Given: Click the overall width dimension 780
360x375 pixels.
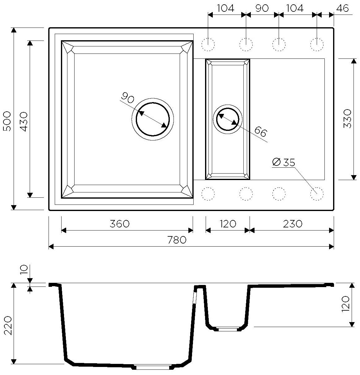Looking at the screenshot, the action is [x=177, y=240].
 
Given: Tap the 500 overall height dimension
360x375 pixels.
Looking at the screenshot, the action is [x=8, y=121].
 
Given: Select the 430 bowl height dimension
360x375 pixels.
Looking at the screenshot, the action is [x=24, y=122].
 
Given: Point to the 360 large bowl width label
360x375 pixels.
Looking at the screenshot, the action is [x=120, y=224].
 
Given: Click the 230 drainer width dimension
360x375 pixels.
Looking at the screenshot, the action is [x=293, y=224].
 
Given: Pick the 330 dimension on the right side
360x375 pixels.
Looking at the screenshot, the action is [x=348, y=119].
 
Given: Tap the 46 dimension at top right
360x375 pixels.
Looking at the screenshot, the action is [x=343, y=8].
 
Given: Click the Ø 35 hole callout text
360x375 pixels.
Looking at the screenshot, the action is [x=284, y=162].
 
